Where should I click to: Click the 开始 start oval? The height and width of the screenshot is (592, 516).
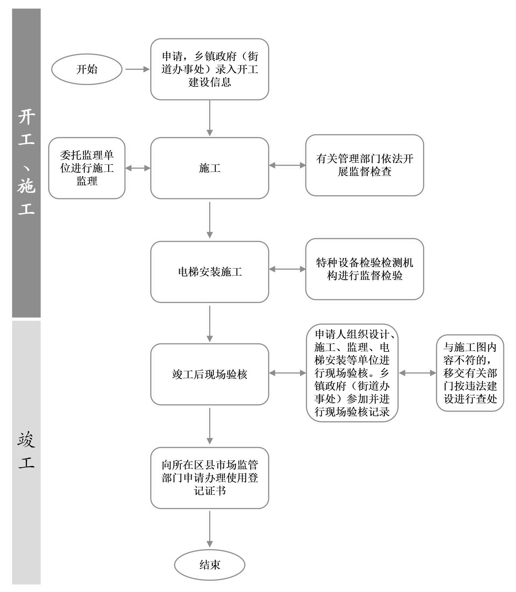pos(87,69)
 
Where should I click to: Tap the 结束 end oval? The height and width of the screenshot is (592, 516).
pos(209,565)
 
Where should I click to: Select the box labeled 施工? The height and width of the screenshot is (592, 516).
pos(209,168)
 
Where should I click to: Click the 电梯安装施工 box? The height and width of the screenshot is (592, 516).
pos(209,272)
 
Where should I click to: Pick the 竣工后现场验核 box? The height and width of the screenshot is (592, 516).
pos(209,374)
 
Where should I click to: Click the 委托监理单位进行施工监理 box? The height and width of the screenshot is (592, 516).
pos(87,168)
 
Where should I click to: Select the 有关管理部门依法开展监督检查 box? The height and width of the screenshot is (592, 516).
pos(364,165)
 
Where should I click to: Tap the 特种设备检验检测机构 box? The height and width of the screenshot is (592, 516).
pos(364,269)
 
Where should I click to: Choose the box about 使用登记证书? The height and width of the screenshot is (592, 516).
pos(209,478)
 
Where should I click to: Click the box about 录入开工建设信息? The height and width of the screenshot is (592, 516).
pos(209,69)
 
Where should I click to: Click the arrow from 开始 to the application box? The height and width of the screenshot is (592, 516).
pos(137,69)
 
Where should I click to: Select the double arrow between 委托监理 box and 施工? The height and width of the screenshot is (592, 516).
pos(138,168)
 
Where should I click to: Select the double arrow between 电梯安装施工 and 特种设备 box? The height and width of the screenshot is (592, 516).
pos(287,269)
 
